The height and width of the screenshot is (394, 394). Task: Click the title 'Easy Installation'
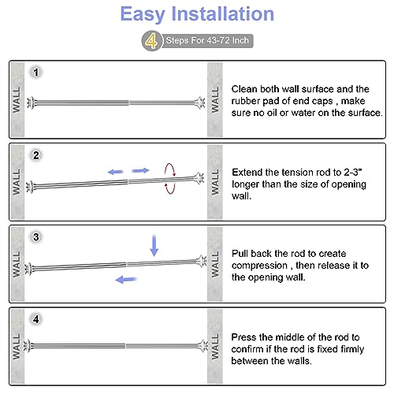[197, 14]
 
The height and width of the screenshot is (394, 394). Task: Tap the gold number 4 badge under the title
[151, 41]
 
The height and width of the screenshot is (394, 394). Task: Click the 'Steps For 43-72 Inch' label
[207, 40]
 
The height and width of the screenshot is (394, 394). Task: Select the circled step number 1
[36, 72]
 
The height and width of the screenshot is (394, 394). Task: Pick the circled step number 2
[36, 155]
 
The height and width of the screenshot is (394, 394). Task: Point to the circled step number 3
[36, 237]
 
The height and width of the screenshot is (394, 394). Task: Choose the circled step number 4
[36, 319]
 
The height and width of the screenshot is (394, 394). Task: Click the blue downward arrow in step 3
[154, 246]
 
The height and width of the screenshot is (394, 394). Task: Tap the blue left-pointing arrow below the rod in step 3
[126, 280]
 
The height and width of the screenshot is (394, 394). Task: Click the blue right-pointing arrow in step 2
[140, 171]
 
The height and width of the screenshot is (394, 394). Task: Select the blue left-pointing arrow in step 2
[116, 172]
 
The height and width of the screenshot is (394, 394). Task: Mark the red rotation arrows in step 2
[170, 179]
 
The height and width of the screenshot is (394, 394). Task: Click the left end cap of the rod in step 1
[31, 102]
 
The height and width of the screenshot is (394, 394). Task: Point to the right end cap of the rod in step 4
[203, 346]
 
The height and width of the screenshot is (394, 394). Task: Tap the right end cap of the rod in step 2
[199, 178]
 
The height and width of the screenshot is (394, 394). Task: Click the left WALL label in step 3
[17, 264]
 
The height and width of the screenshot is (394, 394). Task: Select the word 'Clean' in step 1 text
[244, 89]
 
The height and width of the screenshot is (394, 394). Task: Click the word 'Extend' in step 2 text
[247, 173]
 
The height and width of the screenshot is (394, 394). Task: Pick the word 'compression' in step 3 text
[259, 266]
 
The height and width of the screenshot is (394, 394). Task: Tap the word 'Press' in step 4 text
[243, 337]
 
